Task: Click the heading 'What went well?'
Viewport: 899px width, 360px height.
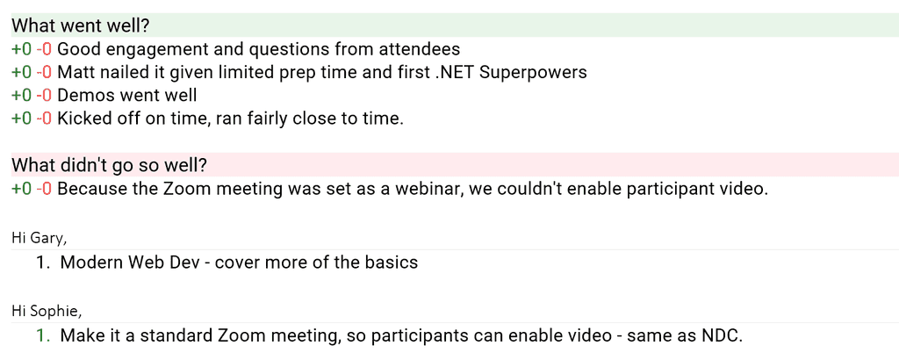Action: pos(81,25)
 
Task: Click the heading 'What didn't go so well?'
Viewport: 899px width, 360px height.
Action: pos(109,166)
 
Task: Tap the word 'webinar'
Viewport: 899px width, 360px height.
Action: pos(429,189)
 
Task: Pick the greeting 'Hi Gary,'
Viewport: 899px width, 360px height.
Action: pos(39,238)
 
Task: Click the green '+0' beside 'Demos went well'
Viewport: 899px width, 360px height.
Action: pos(22,95)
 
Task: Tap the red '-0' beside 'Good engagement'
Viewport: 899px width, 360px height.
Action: pos(44,49)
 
